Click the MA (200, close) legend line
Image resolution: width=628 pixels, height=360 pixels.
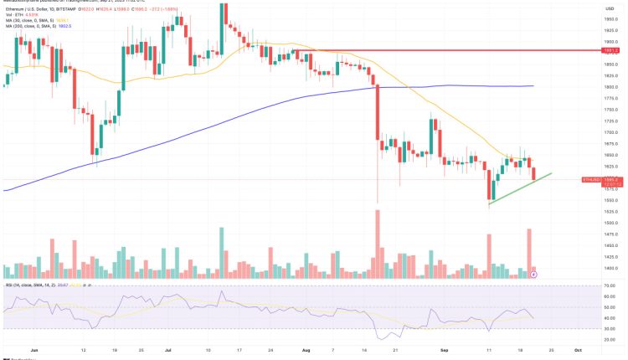pos(33,25)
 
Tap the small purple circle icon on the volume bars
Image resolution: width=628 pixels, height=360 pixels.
pos(534,274)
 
